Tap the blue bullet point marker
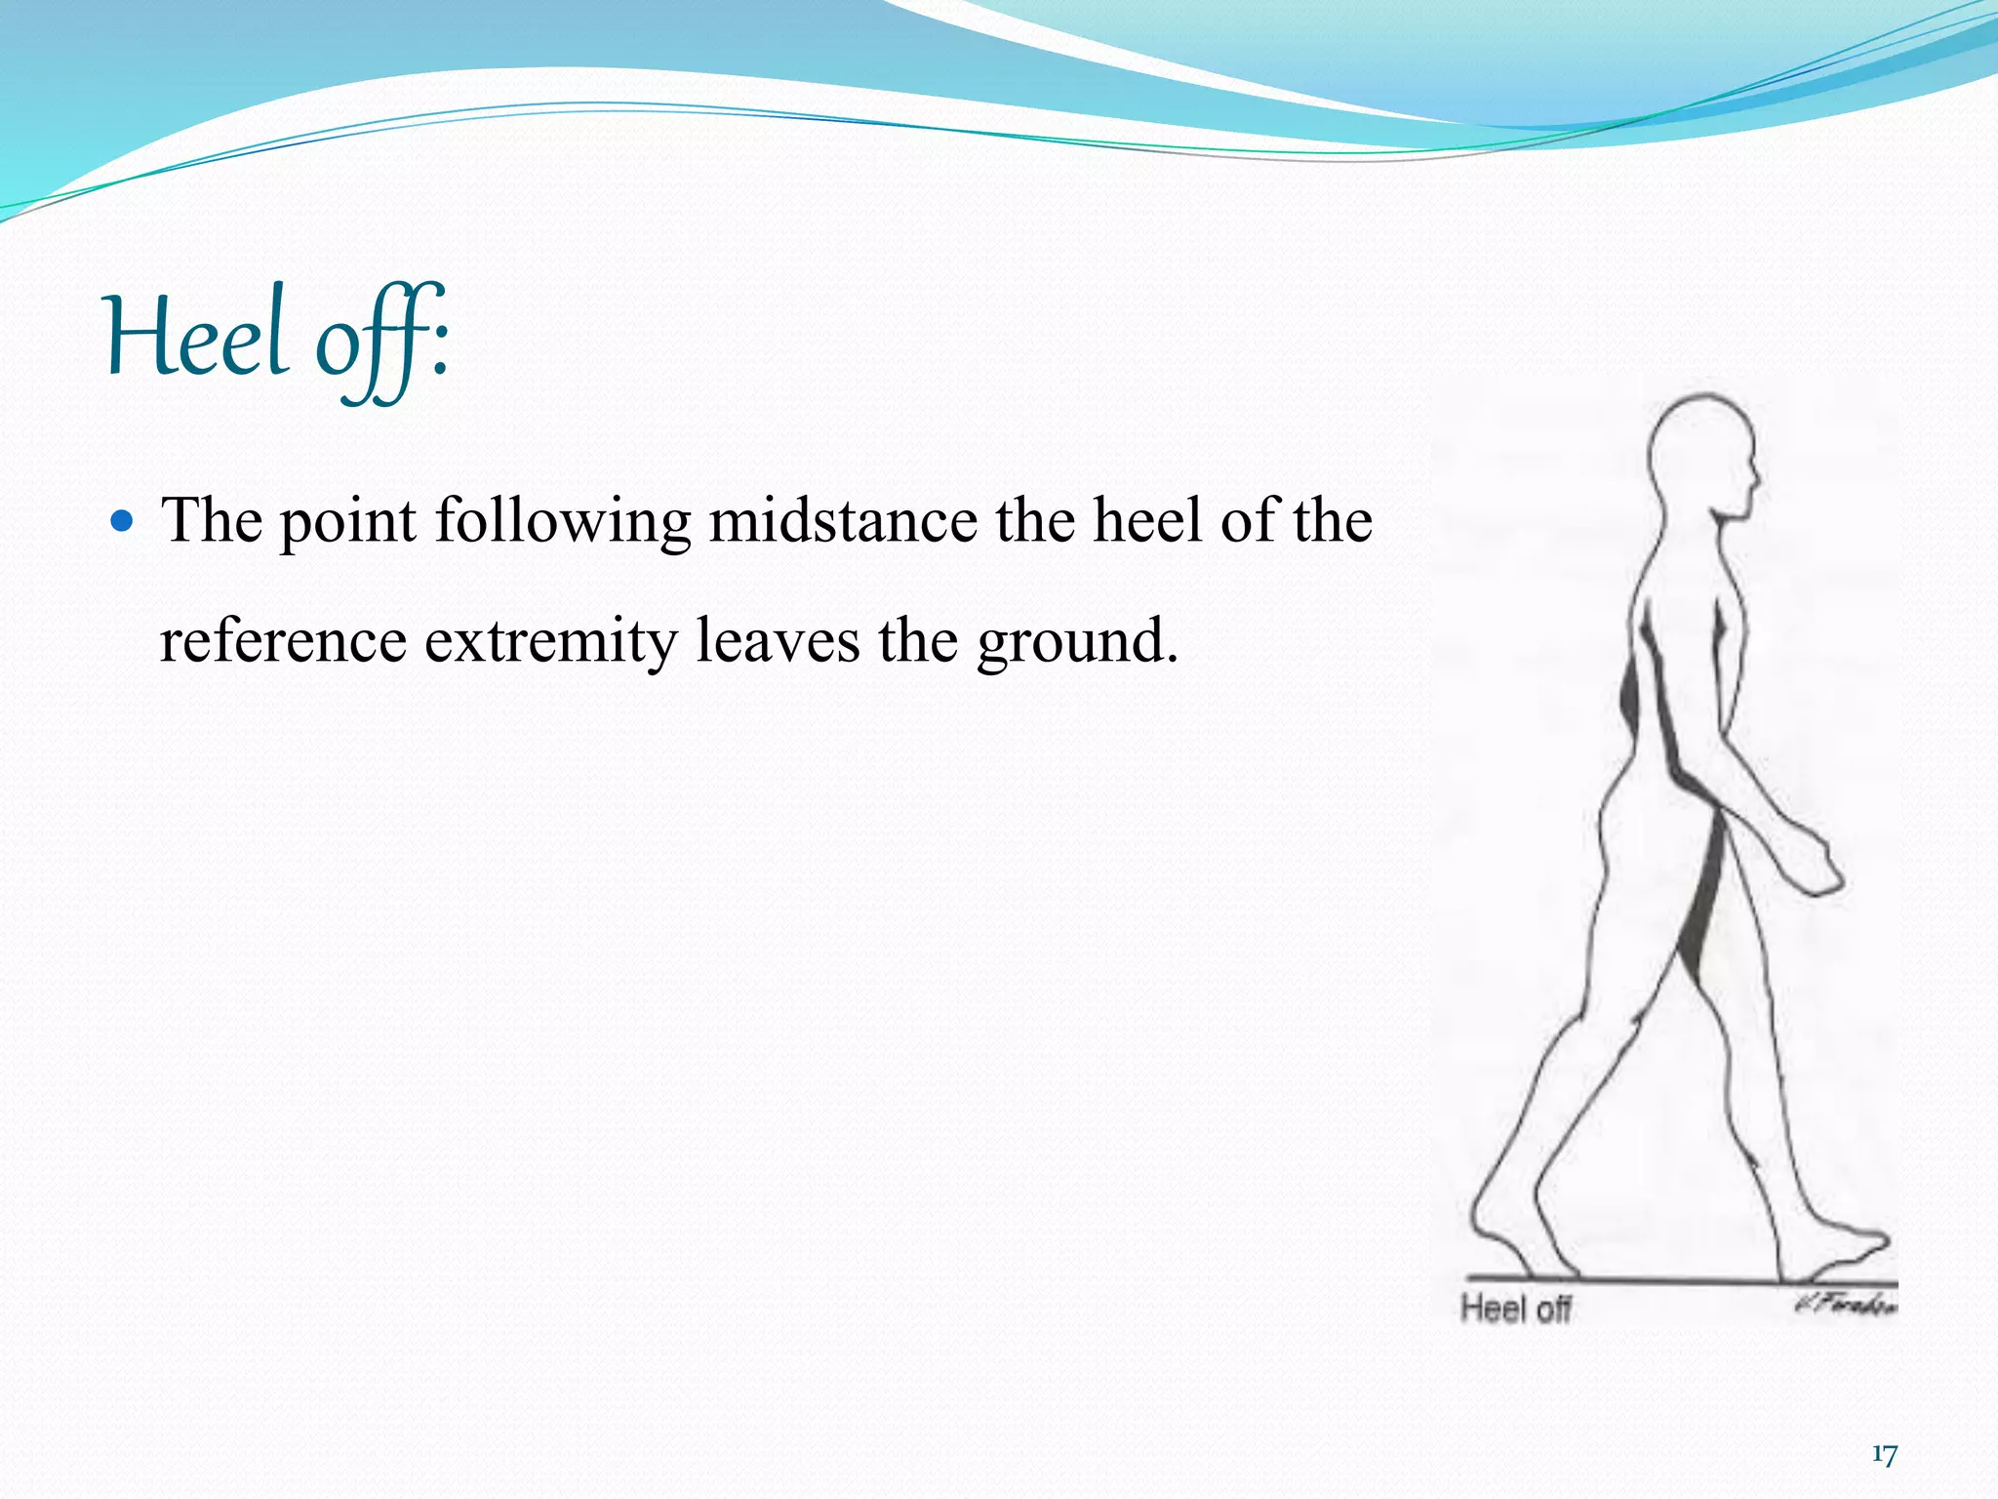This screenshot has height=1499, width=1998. pos(122,521)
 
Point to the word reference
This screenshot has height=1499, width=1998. pos(283,641)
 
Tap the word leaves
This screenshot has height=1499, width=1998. pos(778,641)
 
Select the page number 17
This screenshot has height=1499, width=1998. pos(1884,1455)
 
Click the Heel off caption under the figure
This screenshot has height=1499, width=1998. pos(1515,1309)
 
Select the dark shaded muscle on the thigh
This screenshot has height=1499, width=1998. pos(1702,898)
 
